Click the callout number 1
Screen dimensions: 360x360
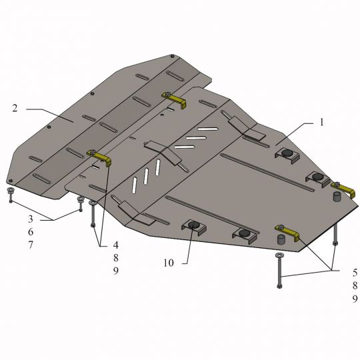coord(321,123)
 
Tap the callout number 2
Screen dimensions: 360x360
coord(15,108)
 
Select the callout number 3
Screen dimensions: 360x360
coord(31,219)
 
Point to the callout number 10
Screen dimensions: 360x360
coord(169,263)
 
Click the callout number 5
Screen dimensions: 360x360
coord(355,273)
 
